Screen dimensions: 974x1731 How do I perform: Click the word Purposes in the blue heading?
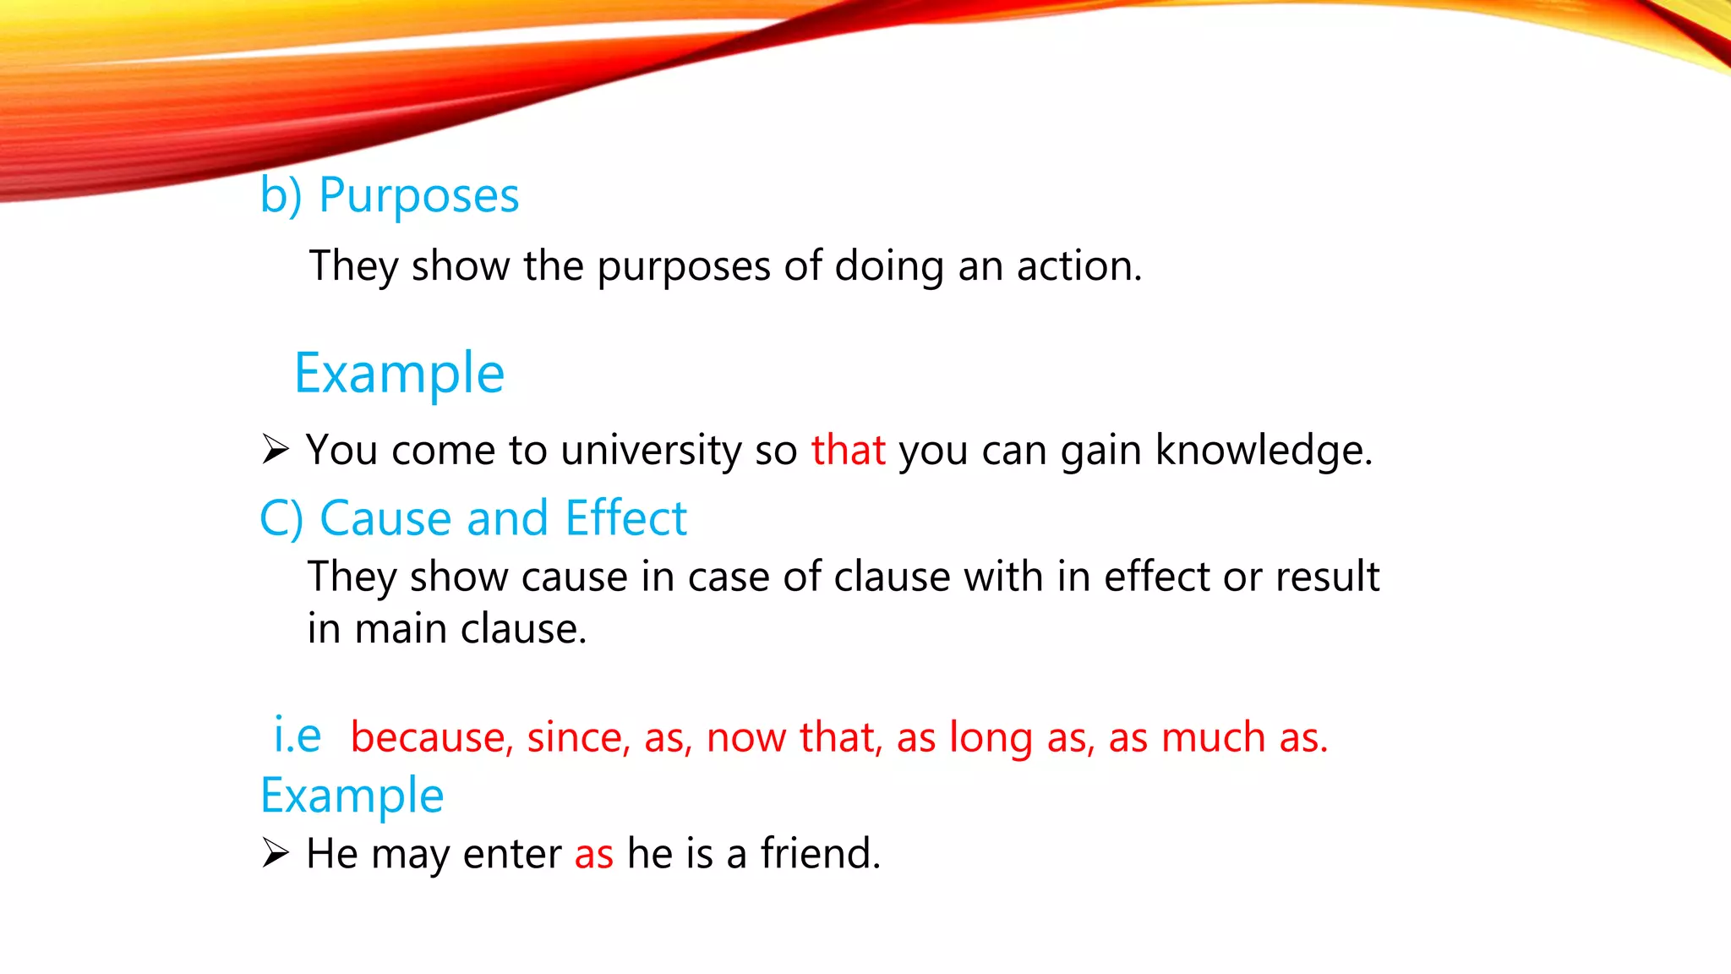tap(418, 197)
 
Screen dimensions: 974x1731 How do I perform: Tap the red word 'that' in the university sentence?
tap(848, 450)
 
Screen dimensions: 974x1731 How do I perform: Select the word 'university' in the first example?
tap(651, 450)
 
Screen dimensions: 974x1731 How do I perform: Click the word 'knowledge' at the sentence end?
tap(1263, 450)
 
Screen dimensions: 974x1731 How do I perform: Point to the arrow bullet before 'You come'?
tap(275, 449)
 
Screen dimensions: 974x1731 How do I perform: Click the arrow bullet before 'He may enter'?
tap(275, 852)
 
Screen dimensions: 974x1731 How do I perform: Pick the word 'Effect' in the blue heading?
tap(625, 517)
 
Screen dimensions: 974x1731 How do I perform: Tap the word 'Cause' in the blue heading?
tap(386, 517)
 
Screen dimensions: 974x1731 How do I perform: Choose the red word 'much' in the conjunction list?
tap(1213, 737)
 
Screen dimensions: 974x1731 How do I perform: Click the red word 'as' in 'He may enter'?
tap(593, 854)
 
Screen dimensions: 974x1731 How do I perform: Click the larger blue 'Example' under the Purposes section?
tap(399, 374)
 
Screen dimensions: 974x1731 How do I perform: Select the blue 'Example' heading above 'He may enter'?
tap(352, 796)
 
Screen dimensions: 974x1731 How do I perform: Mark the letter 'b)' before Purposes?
tap(281, 197)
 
